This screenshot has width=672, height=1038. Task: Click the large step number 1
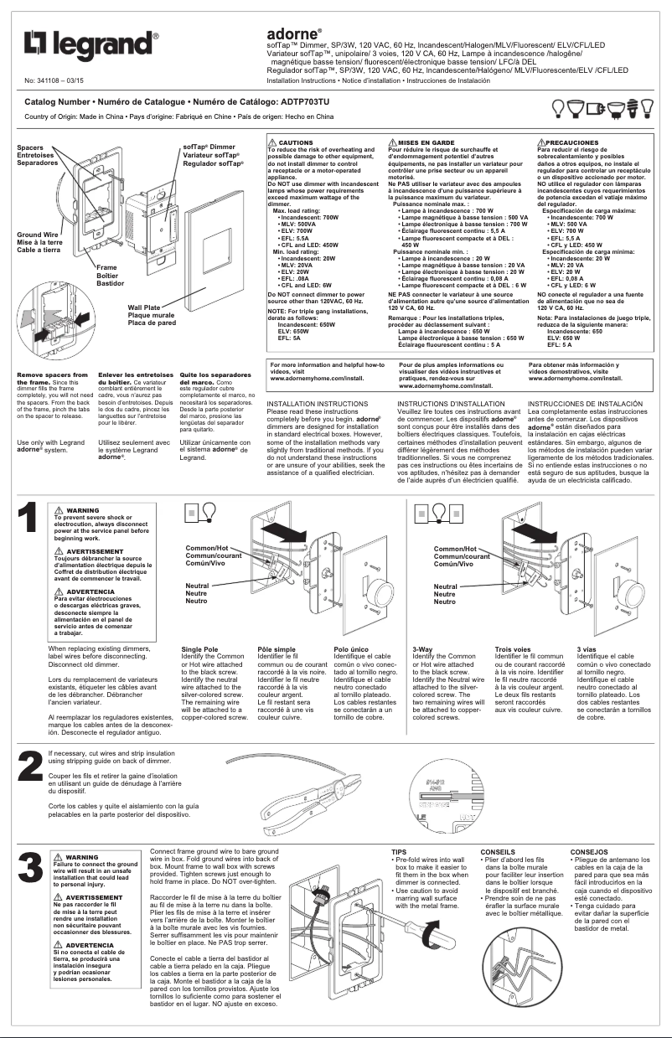tap(28, 518)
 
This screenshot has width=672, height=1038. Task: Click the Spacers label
tap(34, 147)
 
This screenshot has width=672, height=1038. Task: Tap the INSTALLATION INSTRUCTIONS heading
tap(316, 404)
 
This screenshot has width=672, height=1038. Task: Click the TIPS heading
tap(400, 852)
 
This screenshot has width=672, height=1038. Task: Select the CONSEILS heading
tap(498, 852)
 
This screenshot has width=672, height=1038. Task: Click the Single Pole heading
tap(199, 648)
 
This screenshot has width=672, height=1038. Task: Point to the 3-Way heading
tap(422, 648)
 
